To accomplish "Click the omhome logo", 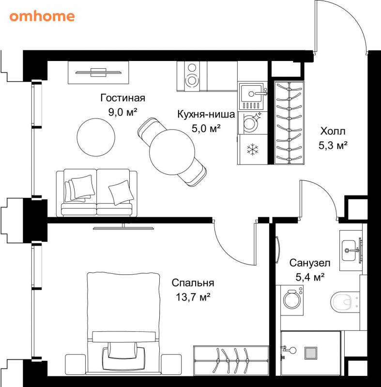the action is tap(42, 16).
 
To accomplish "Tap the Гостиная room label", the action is tap(122, 98).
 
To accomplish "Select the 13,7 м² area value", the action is tap(193, 297).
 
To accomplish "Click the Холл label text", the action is tap(333, 131).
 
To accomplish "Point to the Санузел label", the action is tap(310, 263).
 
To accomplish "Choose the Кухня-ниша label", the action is tap(206, 114).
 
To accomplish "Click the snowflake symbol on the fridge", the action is tap(253, 149).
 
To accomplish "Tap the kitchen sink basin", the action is tap(251, 93).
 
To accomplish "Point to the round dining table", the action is tap(172, 152).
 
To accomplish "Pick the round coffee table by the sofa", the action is tap(96, 137).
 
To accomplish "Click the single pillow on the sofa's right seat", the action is tap(121, 193).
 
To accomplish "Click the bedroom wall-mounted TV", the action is tap(123, 227).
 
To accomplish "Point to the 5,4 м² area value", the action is tap(310, 277).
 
